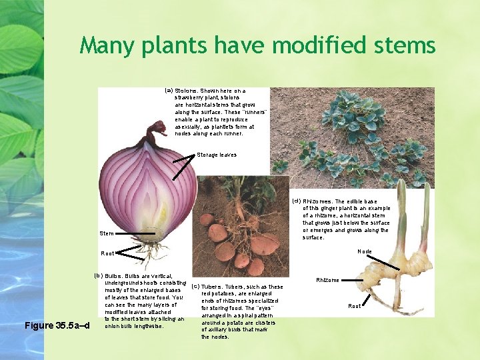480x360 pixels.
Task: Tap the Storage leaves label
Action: [216, 155]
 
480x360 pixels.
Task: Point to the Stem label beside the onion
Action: [106, 234]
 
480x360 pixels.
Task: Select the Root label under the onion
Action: [107, 253]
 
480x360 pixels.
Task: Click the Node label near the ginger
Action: [383, 251]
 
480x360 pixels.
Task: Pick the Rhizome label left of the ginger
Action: [327, 281]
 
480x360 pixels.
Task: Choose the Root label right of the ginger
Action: [355, 306]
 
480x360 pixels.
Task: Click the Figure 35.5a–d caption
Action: [56, 325]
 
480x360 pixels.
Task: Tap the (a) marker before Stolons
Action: [169, 90]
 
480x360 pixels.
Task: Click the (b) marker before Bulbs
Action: [98, 275]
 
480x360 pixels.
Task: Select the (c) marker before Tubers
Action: [195, 287]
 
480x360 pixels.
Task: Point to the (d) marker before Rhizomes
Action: [297, 201]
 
